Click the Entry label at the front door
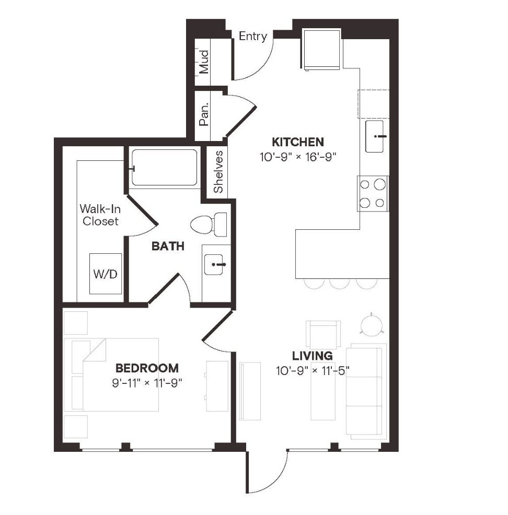click(253, 36)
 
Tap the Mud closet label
click(204, 61)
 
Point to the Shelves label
click(218, 172)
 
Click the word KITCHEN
click(298, 142)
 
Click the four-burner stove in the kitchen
click(373, 193)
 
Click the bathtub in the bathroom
click(164, 168)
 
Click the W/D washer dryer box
click(105, 274)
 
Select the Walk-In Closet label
click(99, 215)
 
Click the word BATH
click(168, 246)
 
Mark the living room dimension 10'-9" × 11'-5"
click(313, 371)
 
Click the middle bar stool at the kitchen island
click(339, 284)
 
